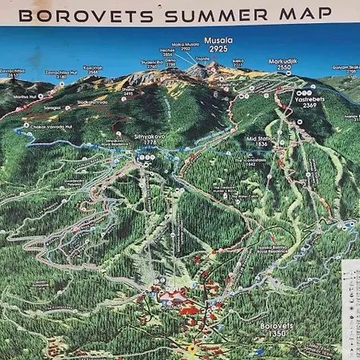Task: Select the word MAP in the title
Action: tap(304, 14)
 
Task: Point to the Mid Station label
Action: tap(261, 138)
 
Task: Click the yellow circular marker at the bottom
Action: tap(191, 350)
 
